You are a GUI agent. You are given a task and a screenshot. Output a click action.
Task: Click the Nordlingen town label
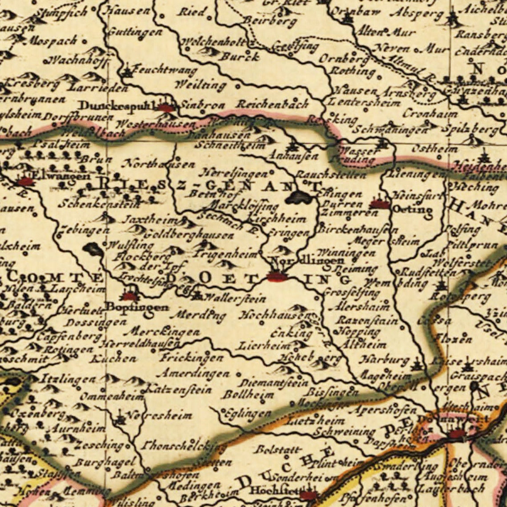(307, 261)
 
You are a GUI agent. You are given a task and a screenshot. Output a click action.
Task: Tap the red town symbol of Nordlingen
(277, 277)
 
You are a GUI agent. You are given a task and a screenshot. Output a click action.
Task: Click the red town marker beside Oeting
(379, 204)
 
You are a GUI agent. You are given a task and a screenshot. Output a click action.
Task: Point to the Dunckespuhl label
(116, 106)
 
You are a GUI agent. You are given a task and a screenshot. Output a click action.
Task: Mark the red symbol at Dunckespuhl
(166, 108)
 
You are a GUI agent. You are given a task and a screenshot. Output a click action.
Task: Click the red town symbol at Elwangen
(26, 181)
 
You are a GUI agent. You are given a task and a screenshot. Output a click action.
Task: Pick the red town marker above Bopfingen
(129, 296)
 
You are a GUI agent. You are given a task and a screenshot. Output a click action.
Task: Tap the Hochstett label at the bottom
(271, 491)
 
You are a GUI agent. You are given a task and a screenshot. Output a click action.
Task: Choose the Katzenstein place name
(178, 390)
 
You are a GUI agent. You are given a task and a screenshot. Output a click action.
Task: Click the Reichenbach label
(272, 105)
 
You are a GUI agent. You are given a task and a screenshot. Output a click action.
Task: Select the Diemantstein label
(273, 382)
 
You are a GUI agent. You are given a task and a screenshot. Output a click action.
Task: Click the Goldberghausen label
(189, 235)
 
